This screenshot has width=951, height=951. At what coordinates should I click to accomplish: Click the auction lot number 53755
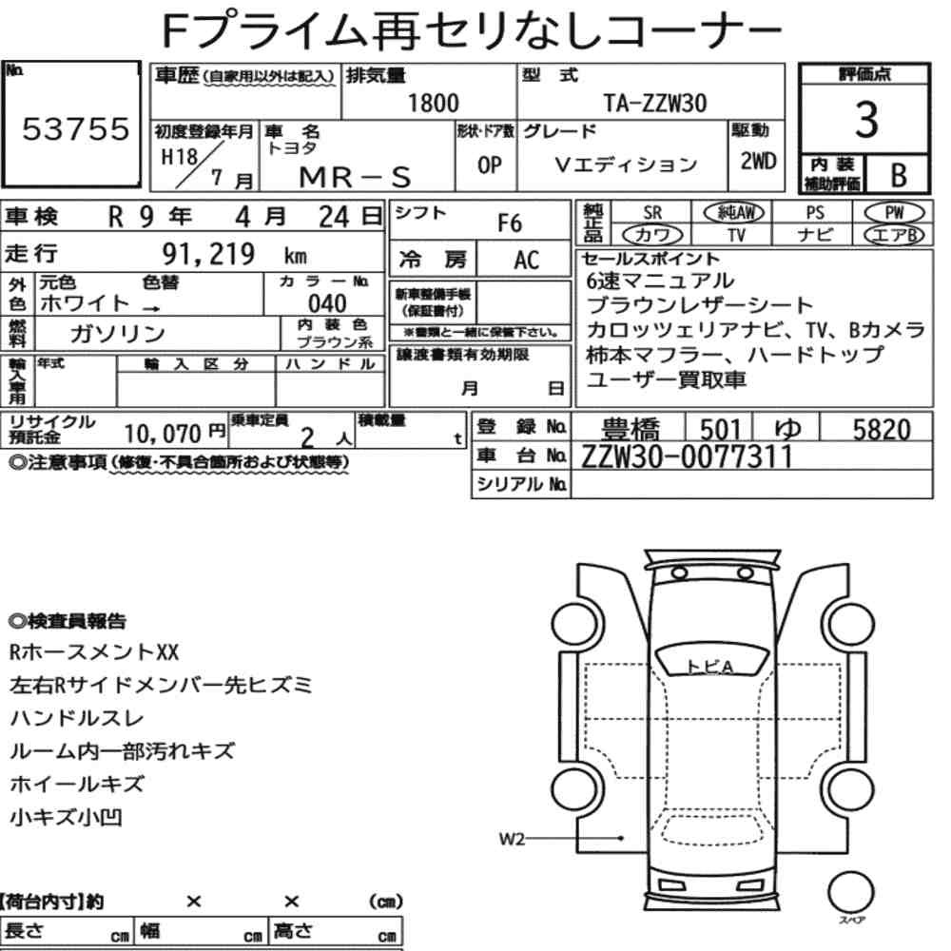[76, 128]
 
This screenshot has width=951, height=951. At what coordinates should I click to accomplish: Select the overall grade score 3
[866, 120]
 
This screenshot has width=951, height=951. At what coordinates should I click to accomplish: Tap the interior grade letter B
[899, 175]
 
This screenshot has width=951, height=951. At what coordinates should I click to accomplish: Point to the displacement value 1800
[433, 103]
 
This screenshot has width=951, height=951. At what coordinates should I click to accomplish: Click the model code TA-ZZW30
[655, 103]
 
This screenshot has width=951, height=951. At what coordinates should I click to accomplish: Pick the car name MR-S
[356, 177]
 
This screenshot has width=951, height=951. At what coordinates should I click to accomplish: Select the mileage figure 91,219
[208, 254]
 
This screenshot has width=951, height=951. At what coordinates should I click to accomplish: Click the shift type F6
[510, 223]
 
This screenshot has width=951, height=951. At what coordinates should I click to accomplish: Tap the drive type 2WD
[758, 161]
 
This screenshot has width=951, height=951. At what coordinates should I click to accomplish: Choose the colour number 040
[327, 303]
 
